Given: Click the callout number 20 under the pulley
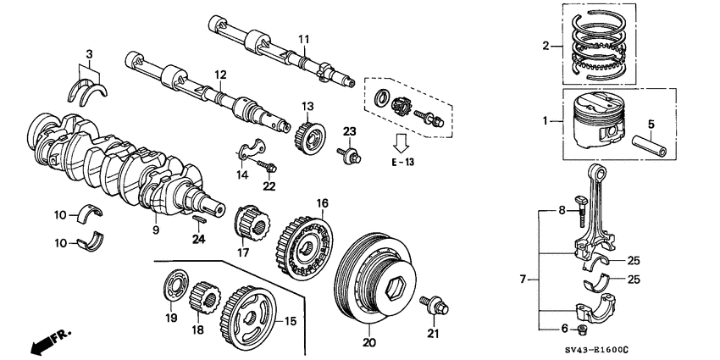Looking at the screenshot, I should (368, 343).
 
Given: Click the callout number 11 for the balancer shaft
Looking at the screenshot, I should (304, 39).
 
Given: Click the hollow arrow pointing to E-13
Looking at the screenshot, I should (404, 140).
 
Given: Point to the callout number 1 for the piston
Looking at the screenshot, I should (546, 121).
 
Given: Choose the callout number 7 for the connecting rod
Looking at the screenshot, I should (523, 278).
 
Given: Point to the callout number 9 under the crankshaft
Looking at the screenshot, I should (156, 229).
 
